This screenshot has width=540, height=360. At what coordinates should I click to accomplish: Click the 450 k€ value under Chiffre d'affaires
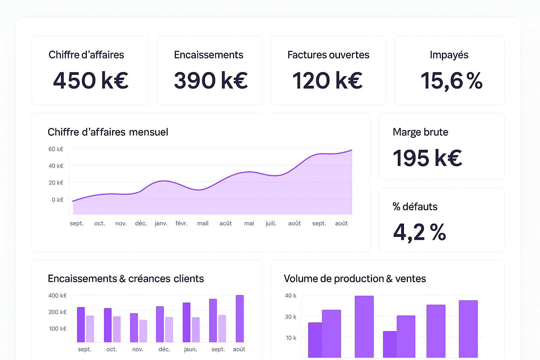tap(90, 81)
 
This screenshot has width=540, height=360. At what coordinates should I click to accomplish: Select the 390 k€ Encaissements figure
tap(211, 81)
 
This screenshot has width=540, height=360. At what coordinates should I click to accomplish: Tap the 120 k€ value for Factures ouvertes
tap(327, 81)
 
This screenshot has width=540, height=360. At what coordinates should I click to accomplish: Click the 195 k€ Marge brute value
tap(427, 158)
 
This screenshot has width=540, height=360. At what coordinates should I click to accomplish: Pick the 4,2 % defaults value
tap(419, 232)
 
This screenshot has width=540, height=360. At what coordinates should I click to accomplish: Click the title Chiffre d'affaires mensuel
tap(108, 132)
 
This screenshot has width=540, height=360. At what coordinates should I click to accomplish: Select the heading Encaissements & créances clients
tap(126, 279)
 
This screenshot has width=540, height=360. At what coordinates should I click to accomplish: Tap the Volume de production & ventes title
tap(355, 279)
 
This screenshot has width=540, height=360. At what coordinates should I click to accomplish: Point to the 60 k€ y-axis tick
tap(56, 149)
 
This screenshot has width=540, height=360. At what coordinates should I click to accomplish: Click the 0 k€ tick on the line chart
tap(58, 200)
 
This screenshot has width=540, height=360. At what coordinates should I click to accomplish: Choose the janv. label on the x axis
tap(161, 223)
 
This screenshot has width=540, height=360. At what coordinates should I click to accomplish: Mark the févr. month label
tap(181, 223)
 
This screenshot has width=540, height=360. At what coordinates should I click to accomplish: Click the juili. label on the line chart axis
tap(271, 223)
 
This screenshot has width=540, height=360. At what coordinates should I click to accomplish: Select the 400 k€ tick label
tap(57, 296)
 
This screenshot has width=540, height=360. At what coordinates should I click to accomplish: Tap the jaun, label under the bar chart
tap(190, 349)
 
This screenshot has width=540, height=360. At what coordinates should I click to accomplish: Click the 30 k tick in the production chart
tap(290, 317)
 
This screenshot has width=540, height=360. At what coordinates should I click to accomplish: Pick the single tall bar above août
tap(240, 319)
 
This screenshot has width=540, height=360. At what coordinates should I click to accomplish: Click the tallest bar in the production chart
tap(364, 327)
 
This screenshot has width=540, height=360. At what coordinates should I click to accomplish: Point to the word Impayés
tap(449, 55)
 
